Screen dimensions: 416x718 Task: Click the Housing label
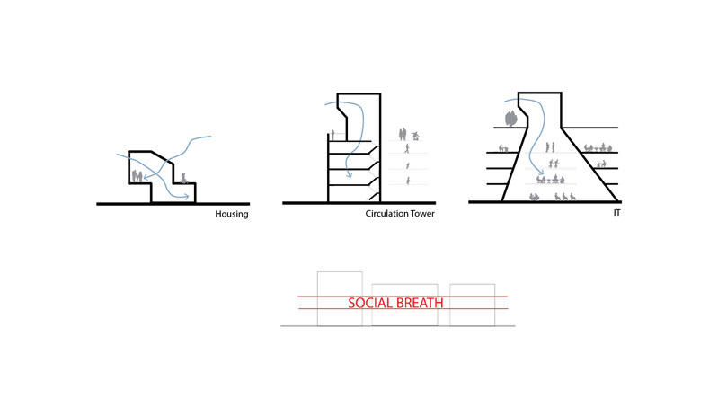point(231,215)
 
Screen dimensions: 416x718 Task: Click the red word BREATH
point(421,304)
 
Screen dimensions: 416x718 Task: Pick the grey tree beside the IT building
point(510,118)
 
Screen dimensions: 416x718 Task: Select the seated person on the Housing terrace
point(184,178)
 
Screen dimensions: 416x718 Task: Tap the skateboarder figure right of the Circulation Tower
point(414,135)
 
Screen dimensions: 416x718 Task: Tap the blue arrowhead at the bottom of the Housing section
point(187,194)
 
